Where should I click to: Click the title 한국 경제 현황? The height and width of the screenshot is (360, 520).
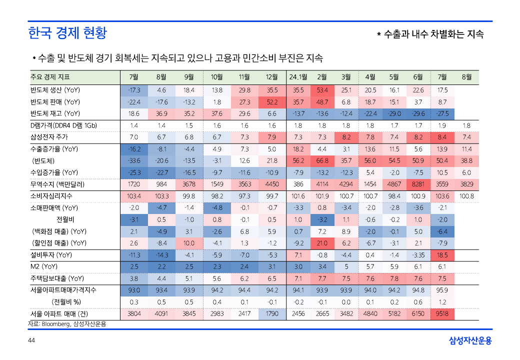click(x=67, y=33)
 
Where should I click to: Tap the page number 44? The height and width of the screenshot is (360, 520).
click(x=31, y=340)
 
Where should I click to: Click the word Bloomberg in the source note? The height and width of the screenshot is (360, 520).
click(x=56, y=324)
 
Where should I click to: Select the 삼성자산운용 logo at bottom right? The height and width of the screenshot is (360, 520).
click(x=470, y=340)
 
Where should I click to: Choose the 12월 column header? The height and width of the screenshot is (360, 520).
click(x=272, y=77)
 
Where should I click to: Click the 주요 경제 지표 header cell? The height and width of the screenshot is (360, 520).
click(x=50, y=77)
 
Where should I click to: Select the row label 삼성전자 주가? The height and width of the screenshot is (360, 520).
click(x=50, y=137)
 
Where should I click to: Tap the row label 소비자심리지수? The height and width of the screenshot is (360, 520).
click(x=52, y=196)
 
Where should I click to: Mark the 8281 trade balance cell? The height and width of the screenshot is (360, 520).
click(x=418, y=184)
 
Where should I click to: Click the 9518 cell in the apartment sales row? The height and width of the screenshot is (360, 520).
click(x=442, y=314)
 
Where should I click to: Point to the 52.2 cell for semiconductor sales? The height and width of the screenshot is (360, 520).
click(x=272, y=102)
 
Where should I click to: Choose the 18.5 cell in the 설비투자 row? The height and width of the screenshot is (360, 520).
click(x=442, y=255)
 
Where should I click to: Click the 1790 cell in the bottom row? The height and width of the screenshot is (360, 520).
click(x=272, y=314)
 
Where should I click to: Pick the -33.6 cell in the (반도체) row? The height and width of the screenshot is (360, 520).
click(x=134, y=160)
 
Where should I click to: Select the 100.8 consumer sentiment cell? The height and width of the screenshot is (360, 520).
click(x=466, y=196)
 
